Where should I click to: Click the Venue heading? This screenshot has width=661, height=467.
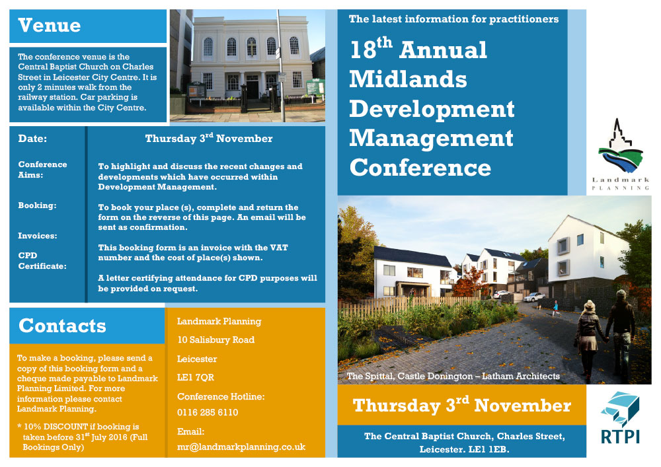(50, 25)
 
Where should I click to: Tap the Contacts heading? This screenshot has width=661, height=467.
(62, 326)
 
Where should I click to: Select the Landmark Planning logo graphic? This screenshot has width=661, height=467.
(620, 146)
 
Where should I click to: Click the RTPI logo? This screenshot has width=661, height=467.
(620, 417)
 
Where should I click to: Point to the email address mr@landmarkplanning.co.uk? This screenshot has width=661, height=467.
(241, 447)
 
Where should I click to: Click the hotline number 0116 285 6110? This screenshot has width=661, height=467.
(208, 412)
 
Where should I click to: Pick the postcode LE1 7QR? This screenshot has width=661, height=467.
(196, 377)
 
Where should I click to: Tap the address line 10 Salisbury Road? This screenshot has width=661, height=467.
(216, 340)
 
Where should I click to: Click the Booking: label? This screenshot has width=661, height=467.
(37, 205)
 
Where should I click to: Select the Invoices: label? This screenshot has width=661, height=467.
(38, 236)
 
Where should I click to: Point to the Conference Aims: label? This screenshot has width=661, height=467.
(42, 170)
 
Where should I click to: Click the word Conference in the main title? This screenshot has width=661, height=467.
(420, 167)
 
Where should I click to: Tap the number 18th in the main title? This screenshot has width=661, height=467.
(371, 48)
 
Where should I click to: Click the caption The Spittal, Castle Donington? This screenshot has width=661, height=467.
(409, 376)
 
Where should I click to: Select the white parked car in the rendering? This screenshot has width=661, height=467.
(534, 297)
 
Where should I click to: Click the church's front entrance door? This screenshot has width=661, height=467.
(253, 89)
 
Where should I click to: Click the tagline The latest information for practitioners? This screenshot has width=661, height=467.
(453, 19)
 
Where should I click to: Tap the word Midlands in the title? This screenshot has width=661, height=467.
(408, 79)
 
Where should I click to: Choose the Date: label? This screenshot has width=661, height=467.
(32, 139)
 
